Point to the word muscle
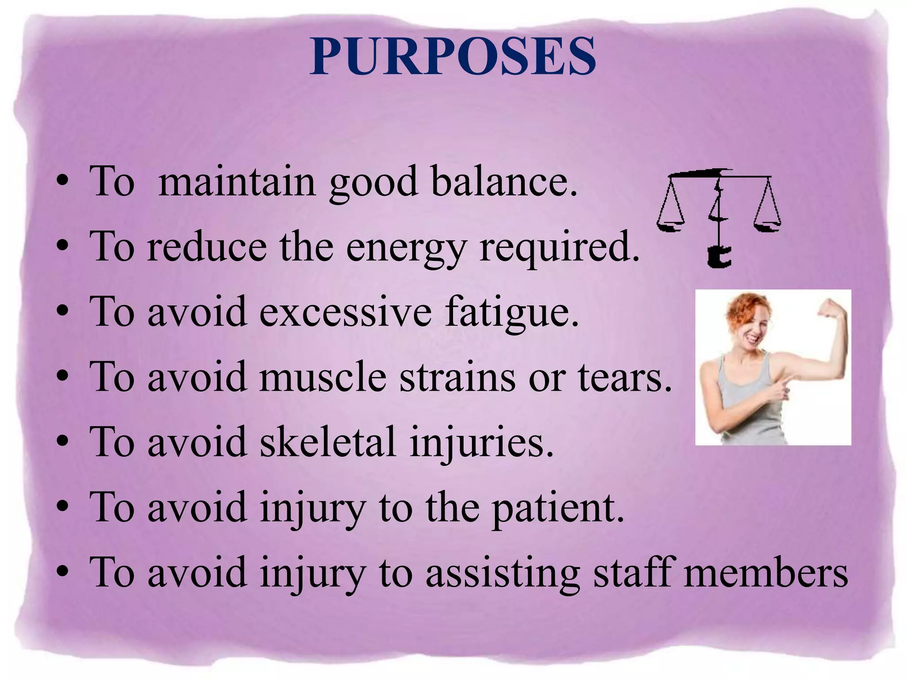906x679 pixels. [x=322, y=377]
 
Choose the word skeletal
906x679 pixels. [x=327, y=442]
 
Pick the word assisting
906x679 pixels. [x=502, y=573]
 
